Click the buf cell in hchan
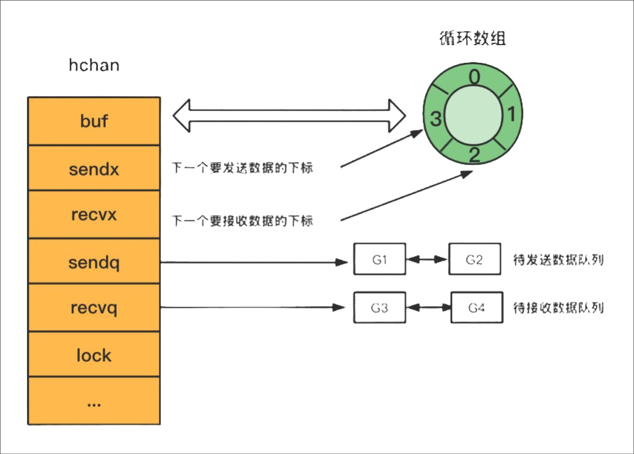(x=94, y=121)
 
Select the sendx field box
(x=94, y=169)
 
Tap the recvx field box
(x=94, y=214)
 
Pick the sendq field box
(x=94, y=261)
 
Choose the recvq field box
(x=94, y=308)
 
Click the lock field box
(x=94, y=355)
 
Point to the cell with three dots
(x=94, y=402)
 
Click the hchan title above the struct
(x=94, y=65)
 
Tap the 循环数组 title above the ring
(x=472, y=39)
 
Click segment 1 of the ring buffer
(x=510, y=115)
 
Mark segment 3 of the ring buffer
(x=435, y=119)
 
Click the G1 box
(x=379, y=259)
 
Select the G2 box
(x=474, y=259)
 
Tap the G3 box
(x=379, y=307)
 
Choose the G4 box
(x=476, y=307)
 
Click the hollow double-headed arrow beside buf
(x=289, y=115)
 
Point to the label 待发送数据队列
(x=558, y=260)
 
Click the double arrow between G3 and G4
(x=428, y=307)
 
